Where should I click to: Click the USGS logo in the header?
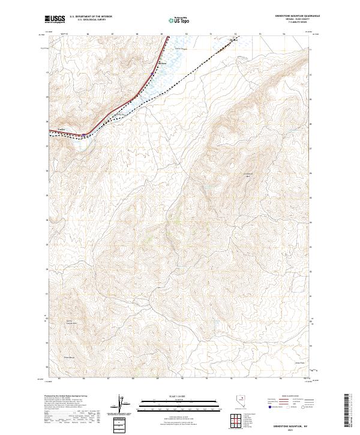55,19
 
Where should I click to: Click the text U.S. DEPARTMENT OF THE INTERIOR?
91,17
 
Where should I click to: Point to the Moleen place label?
161,63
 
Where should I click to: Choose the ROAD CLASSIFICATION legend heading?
287,397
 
